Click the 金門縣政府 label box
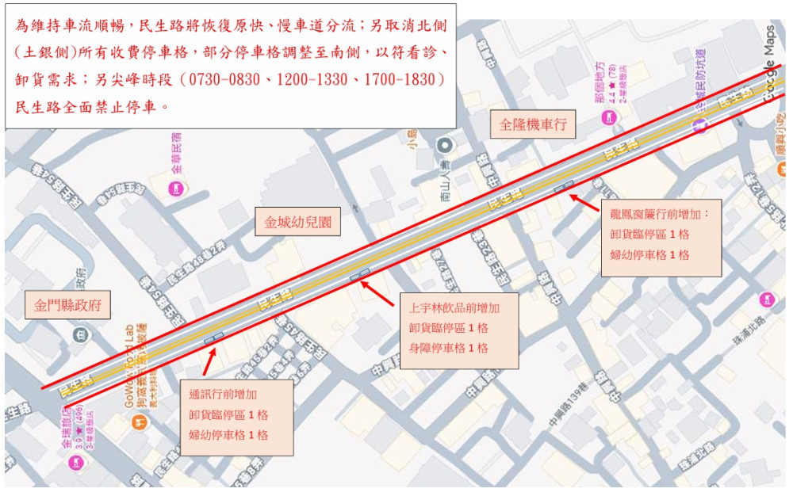coord(68,304)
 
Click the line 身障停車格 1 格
coord(448,348)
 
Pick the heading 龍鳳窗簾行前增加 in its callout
coord(661,214)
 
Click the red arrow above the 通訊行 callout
coord(209,361)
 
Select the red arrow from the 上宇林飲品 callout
coord(379,292)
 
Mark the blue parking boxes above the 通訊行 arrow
coord(214,337)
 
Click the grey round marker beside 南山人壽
coord(445,144)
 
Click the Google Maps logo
coord(768,63)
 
